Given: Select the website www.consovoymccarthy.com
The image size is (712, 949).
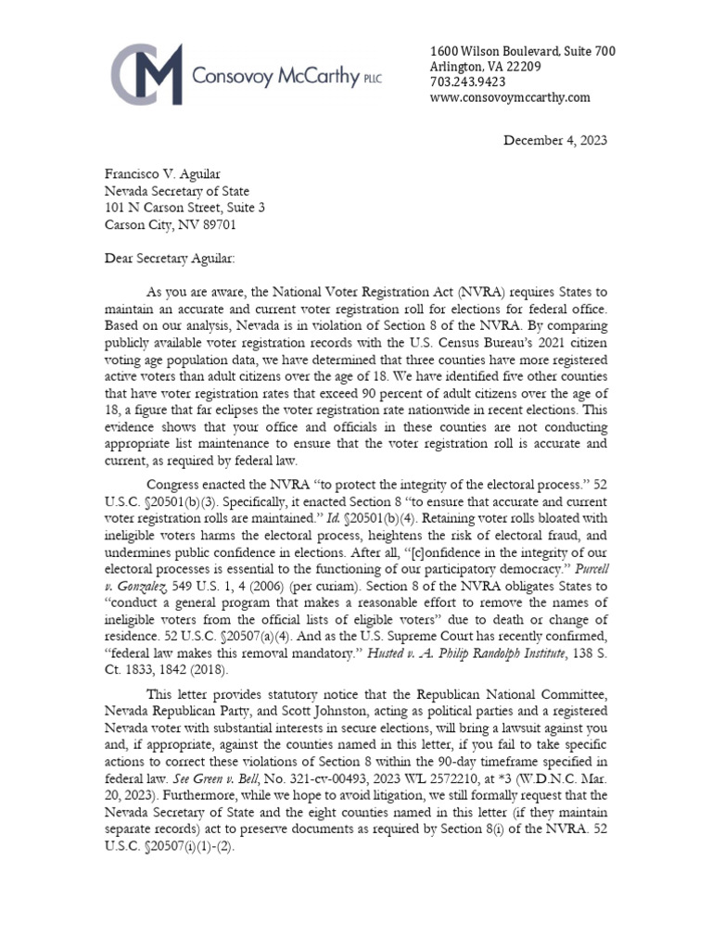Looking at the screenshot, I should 510,97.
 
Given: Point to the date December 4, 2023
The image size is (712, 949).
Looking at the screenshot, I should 554,141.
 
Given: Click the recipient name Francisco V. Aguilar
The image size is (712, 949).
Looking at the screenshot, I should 162,173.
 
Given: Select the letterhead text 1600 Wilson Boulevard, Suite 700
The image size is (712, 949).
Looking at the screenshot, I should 523,51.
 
